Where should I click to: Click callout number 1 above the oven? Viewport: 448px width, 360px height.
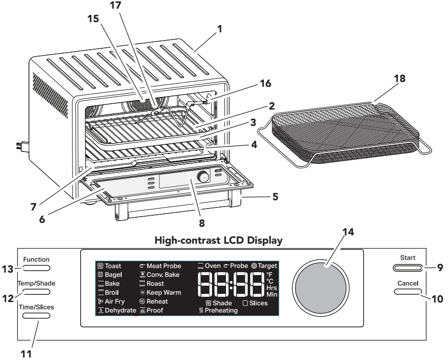(x=220, y=29)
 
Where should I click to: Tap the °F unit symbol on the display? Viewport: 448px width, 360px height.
(x=269, y=275)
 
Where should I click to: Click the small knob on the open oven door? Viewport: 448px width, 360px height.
(x=204, y=178)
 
